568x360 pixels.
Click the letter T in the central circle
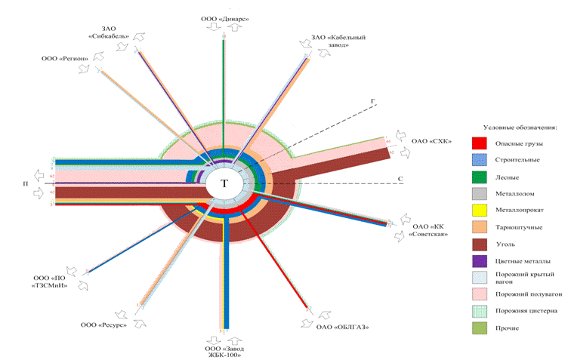tap(224, 183)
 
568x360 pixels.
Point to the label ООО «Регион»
tap(66, 59)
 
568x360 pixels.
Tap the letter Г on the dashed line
tap(372, 100)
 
